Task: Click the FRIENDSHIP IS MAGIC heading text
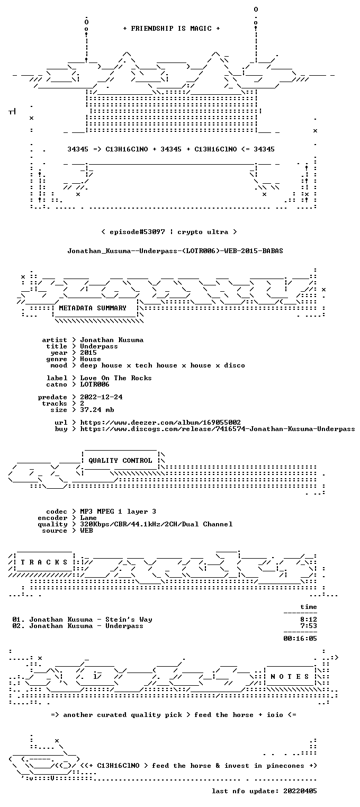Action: (171, 29)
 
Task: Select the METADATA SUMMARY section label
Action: (93, 308)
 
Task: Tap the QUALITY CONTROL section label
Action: (120, 460)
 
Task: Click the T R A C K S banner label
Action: (44, 562)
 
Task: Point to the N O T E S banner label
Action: (290, 677)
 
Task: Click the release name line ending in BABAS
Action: (175, 251)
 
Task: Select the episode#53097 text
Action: (137, 232)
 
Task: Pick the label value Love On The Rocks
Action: (115, 378)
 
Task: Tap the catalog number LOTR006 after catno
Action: (95, 384)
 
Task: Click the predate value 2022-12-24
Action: (101, 397)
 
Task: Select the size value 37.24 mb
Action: (97, 410)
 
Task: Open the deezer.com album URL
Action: (160, 422)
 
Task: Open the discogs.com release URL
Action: (217, 429)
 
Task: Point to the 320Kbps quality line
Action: (156, 524)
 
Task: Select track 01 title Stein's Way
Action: (129, 620)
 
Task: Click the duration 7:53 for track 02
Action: (309, 626)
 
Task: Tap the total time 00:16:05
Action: (300, 639)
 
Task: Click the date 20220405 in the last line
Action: (300, 791)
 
